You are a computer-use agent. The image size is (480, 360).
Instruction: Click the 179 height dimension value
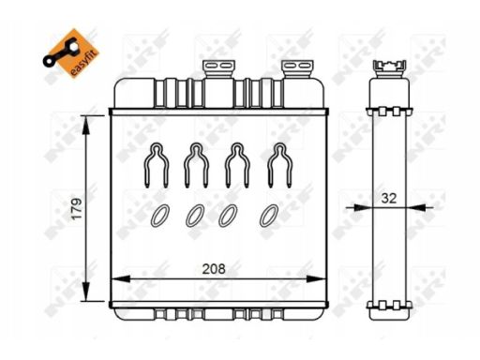coord(77,208)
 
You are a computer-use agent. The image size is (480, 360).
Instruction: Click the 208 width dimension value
coord(214,269)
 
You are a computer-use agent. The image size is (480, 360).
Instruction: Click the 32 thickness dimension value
coord(389,198)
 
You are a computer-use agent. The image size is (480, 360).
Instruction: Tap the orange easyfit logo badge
coord(71,53)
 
